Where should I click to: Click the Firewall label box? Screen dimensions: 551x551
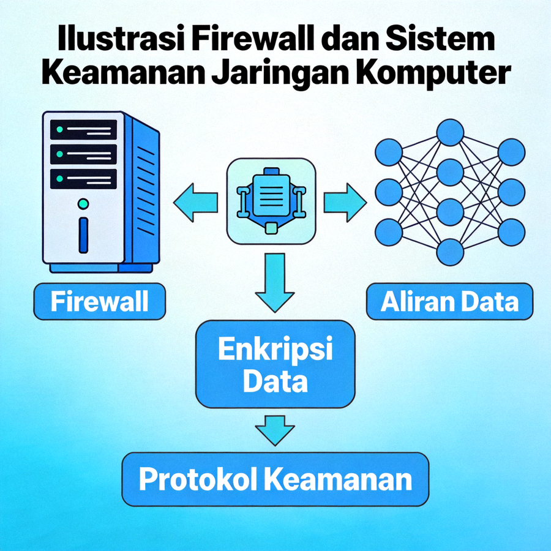[x=100, y=301]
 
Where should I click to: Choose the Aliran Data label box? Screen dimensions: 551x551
[x=449, y=301]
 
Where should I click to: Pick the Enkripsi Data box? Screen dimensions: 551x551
[x=275, y=365]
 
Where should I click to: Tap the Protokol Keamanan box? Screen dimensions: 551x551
[x=275, y=479]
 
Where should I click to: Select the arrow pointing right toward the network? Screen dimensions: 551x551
[x=344, y=201]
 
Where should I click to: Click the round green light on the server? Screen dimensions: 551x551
[x=84, y=203]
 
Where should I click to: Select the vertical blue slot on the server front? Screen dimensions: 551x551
[x=84, y=234]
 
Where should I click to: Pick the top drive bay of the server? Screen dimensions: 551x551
[x=83, y=130]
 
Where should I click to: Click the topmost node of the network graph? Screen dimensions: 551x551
[x=450, y=132]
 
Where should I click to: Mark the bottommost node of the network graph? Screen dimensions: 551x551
[x=450, y=252]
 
